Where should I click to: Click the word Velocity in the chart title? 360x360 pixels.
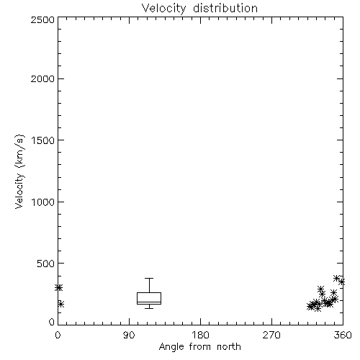coord(163,9)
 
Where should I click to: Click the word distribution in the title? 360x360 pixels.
coord(225,8)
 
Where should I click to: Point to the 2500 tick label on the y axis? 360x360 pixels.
coord(42,19)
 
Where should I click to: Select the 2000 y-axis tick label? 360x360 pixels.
coord(42,78)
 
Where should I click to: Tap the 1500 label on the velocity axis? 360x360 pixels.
coord(43,140)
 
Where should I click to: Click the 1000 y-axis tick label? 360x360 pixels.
coord(43,202)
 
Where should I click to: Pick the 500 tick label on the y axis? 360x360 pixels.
coord(46,264)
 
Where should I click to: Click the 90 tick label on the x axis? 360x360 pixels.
coord(129,335)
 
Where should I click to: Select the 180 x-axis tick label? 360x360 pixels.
coord(200,335)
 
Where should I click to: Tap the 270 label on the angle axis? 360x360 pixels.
coord(271,335)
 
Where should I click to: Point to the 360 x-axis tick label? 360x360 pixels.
coord(343,335)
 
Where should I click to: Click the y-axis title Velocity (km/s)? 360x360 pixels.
coord(19,171)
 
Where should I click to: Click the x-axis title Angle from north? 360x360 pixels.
coord(200,347)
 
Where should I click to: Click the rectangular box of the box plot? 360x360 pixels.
coord(149,293)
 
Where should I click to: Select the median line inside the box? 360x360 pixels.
coord(149,302)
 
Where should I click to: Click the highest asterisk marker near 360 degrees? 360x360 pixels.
coord(336,279)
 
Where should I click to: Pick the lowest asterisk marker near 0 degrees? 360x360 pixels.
coord(60,304)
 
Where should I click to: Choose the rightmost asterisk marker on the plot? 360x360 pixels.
coord(342,282)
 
